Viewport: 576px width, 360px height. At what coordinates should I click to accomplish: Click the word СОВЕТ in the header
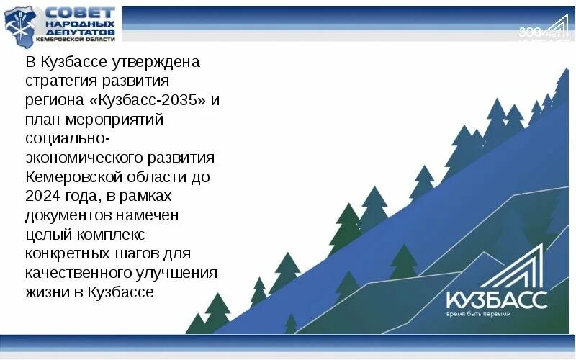(x=80, y=14)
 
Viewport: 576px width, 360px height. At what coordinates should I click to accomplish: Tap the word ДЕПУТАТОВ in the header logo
(x=80, y=32)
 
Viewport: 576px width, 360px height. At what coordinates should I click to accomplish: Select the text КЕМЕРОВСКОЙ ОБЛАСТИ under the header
(x=79, y=40)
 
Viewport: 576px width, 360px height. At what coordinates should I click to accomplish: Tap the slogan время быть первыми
(x=478, y=314)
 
